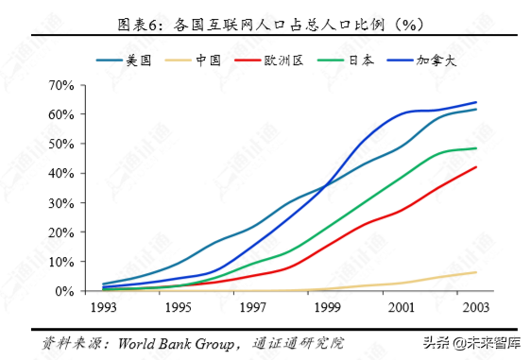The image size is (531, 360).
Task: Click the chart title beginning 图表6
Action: click(265, 24)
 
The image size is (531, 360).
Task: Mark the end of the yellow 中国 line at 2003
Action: click(475, 272)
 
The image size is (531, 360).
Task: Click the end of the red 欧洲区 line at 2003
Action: click(475, 167)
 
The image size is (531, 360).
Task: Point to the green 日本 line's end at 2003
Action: click(475, 148)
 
